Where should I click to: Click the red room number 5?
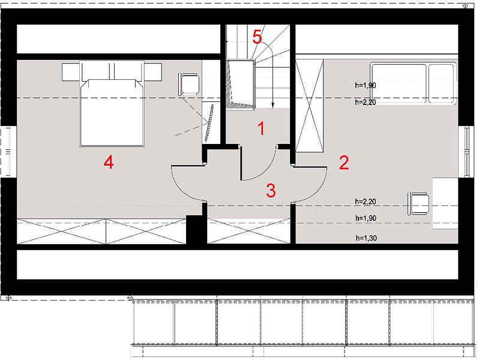[258, 37]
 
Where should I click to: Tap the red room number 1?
[261, 128]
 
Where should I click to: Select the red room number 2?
[344, 163]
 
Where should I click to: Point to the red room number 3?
[271, 191]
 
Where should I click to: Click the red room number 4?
[109, 162]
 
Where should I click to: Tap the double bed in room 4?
[112, 104]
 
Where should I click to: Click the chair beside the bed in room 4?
[189, 84]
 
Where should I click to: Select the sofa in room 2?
[413, 83]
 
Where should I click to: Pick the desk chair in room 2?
[418, 203]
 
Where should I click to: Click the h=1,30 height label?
[366, 238]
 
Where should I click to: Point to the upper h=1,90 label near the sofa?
[366, 85]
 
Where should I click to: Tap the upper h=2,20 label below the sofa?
[366, 102]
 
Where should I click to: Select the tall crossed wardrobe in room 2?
[310, 106]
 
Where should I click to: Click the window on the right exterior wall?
[467, 151]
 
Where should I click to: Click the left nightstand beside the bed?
[71, 72]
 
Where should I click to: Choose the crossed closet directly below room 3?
[249, 231]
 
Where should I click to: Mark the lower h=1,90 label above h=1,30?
[366, 218]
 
